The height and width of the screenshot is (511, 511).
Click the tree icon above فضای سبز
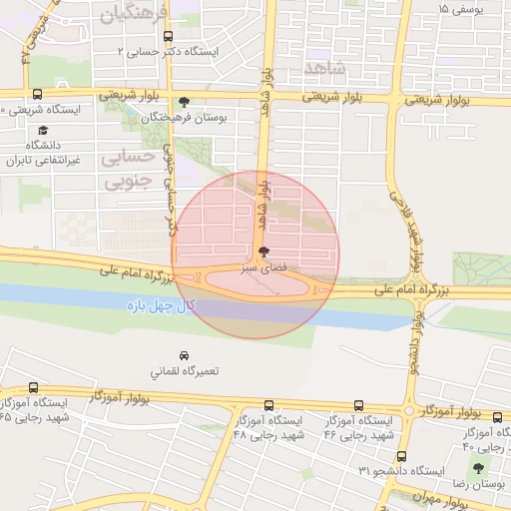262,253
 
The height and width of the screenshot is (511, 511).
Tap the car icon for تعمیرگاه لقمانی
183,355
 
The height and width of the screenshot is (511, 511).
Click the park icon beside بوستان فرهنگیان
183,102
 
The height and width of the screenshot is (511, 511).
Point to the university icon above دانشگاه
43,131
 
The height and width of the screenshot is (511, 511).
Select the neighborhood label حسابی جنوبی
128,171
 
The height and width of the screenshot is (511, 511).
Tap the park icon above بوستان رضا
479,467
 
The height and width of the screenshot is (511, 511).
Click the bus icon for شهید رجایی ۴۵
35,388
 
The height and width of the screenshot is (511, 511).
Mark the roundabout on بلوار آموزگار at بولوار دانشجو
410,410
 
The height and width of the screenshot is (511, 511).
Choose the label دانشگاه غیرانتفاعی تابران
43,153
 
